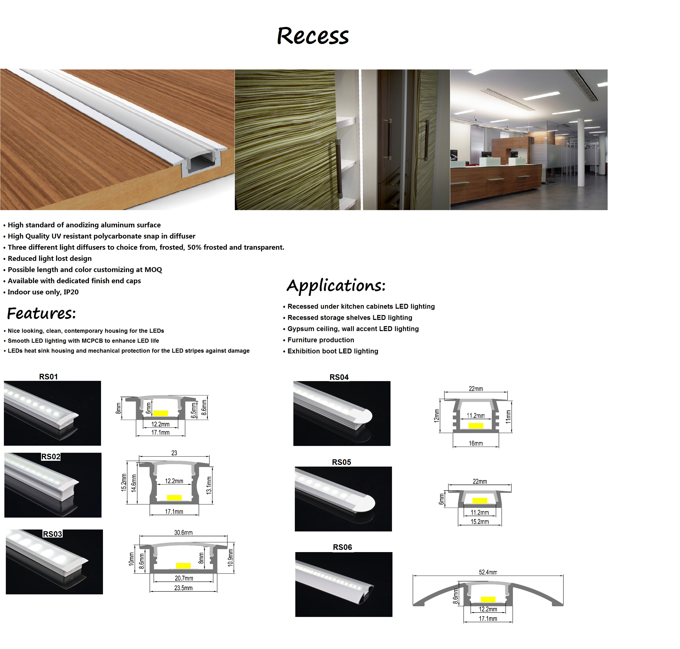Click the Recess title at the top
point(313,36)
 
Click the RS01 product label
point(48,377)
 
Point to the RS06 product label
point(342,547)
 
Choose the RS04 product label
point(339,377)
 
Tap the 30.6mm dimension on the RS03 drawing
point(183,532)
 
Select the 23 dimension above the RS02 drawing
point(174,453)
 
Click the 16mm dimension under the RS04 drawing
point(476,443)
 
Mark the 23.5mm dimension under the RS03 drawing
point(183,588)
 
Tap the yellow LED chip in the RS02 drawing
point(174,497)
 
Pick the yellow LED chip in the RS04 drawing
point(476,426)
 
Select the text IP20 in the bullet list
point(71,292)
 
